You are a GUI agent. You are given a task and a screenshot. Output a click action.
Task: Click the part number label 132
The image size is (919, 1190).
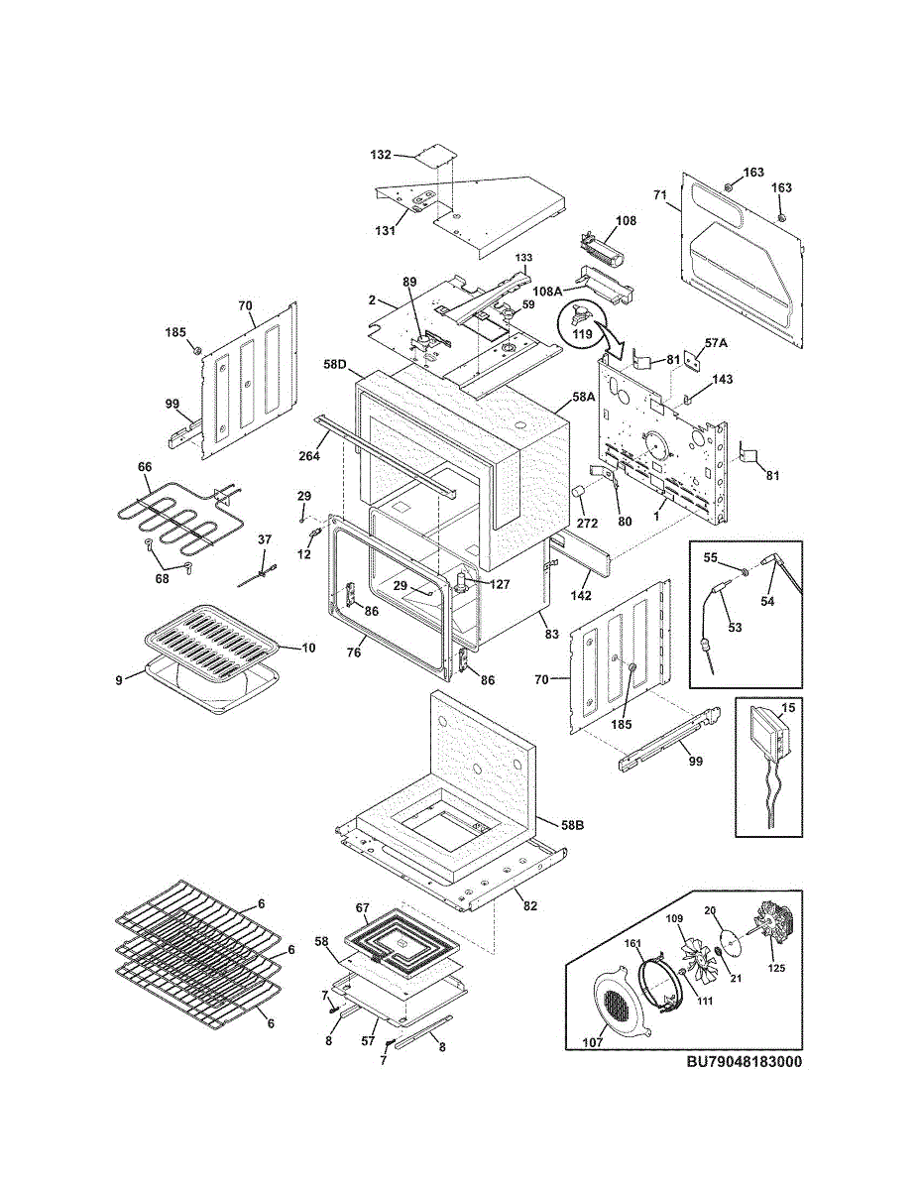point(381,156)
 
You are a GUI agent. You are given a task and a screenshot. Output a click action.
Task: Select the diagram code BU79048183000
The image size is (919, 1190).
point(744,1062)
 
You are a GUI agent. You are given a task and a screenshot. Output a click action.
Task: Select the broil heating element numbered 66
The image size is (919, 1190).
point(178,516)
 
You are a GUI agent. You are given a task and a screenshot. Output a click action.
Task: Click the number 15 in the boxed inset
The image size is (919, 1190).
point(788,707)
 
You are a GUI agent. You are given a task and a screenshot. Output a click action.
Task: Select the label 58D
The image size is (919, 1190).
point(335,365)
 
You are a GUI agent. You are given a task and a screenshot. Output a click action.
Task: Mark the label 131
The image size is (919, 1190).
point(385,231)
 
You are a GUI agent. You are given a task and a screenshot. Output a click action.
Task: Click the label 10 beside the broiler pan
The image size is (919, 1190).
point(308,648)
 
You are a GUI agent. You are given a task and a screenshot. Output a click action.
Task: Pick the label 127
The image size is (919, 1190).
point(499,584)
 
